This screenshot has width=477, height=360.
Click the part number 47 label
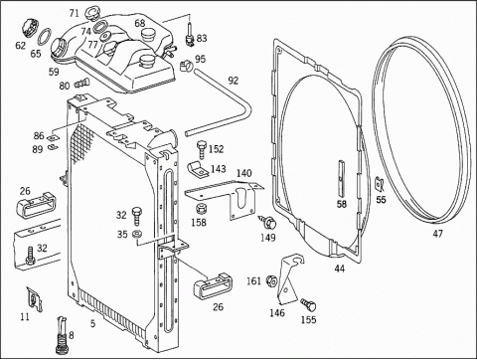(x=437, y=234)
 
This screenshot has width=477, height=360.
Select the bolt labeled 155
(x=309, y=304)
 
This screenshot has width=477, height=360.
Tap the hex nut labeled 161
(x=272, y=280)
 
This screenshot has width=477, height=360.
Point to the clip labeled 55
(x=380, y=184)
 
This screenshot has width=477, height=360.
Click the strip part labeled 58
(x=341, y=178)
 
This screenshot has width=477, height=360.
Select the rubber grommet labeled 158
(x=200, y=209)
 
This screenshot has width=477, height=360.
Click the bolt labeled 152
(x=201, y=149)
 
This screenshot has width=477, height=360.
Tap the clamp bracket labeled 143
(x=199, y=169)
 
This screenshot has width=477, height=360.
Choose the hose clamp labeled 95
(x=186, y=66)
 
